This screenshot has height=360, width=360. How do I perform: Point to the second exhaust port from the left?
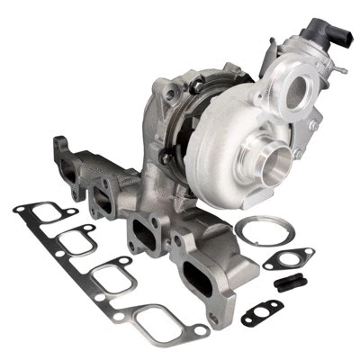(105, 199)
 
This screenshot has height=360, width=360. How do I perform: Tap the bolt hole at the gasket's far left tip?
(19, 210)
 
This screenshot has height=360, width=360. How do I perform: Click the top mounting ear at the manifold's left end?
(61, 142)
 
